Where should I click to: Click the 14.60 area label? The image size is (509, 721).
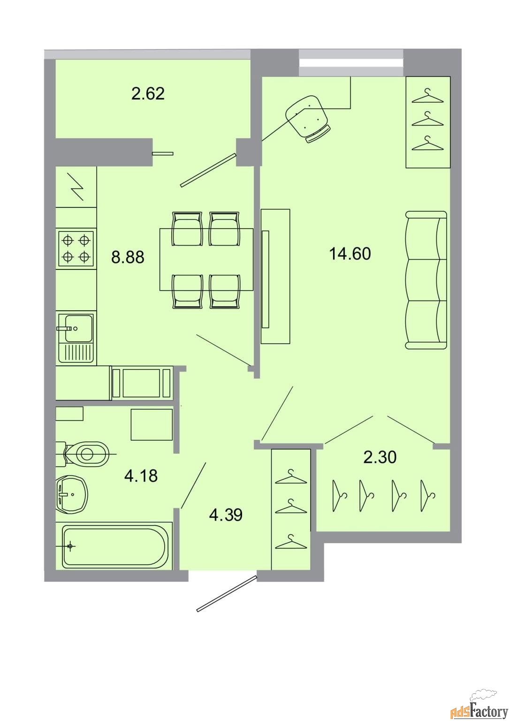350,253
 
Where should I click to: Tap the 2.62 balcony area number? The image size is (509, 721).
148,94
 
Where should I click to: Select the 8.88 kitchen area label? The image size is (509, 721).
128,257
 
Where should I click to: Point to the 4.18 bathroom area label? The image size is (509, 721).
141,476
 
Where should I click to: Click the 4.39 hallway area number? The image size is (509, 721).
226,515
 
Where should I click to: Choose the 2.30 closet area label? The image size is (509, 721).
380,457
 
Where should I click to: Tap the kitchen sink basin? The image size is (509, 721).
79,328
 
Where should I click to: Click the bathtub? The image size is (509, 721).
114,546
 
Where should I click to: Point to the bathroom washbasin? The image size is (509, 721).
72,494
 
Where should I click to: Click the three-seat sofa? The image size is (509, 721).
426,280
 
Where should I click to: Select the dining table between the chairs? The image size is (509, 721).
206,259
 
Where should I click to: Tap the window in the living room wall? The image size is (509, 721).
351,63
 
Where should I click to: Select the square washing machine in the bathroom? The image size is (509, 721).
152,424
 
